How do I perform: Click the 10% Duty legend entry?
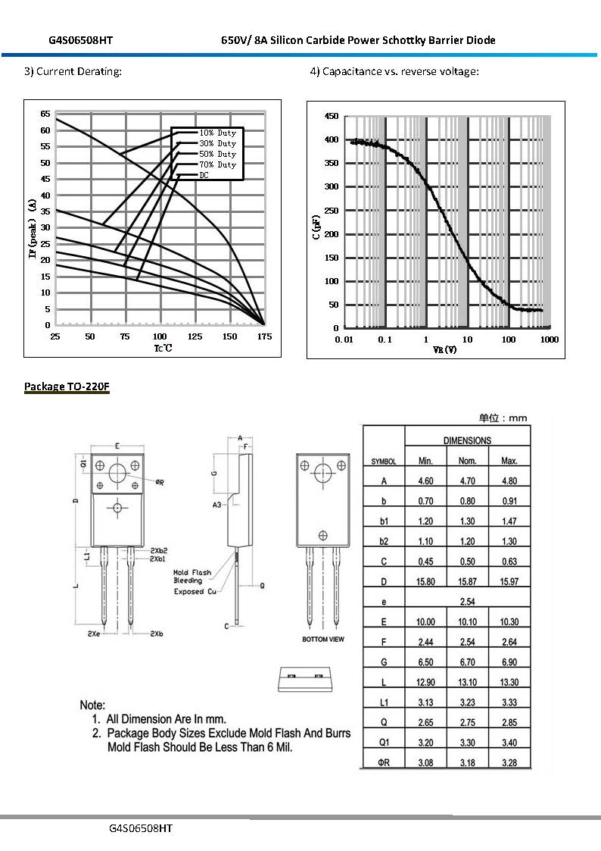coord(217,133)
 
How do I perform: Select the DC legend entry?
coord(204,175)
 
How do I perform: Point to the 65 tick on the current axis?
coord(45,114)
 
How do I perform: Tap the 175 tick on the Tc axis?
coord(264,336)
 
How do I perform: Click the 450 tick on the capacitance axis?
coord(331,116)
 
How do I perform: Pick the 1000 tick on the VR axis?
coord(549,339)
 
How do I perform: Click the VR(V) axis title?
coord(444,349)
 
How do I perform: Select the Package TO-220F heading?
coord(67,386)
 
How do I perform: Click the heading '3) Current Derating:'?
coord(73,71)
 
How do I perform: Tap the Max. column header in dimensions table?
coord(509,461)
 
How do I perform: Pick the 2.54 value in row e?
coord(467,602)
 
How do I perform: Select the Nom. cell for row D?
coord(467,581)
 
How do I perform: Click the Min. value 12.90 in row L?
coord(425,682)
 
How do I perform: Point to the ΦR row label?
coord(384,762)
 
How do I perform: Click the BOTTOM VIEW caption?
coord(323,640)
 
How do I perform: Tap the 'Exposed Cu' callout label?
coord(194,592)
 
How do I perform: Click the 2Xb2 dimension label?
coord(158,550)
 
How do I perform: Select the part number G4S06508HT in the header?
coord(81,40)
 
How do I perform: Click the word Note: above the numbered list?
coord(93,705)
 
